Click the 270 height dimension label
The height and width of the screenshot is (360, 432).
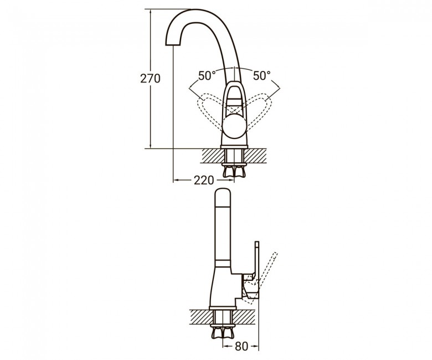pyautogui.click(x=150, y=79)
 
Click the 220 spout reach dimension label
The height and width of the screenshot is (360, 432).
pyautogui.click(x=204, y=181)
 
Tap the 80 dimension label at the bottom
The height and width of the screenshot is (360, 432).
pyautogui.click(x=241, y=347)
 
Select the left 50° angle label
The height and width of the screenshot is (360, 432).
pyautogui.click(x=207, y=76)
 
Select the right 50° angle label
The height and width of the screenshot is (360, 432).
pyautogui.click(x=261, y=76)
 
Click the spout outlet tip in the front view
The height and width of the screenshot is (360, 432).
pyautogui.click(x=172, y=44)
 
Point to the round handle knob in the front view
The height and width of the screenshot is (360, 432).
pyautogui.click(x=234, y=126)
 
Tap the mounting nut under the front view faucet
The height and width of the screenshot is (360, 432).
pyautogui.click(x=234, y=171)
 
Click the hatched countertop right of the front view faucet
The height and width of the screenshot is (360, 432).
pyautogui.click(x=255, y=156)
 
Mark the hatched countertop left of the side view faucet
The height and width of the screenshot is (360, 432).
pyautogui.click(x=201, y=316)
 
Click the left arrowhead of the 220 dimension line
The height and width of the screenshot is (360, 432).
pyautogui.click(x=176, y=181)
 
